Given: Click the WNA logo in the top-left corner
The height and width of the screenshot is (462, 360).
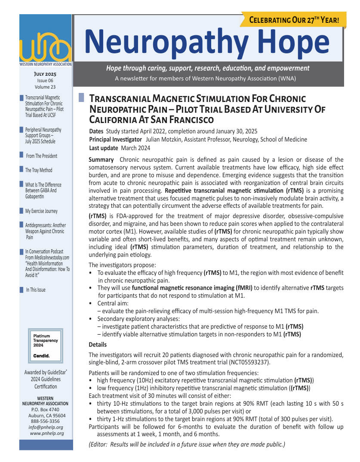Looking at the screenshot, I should [45, 47].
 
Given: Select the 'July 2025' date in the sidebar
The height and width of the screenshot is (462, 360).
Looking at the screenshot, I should [45, 74].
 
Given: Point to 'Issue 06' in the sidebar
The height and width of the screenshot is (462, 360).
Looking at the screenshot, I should [45, 80].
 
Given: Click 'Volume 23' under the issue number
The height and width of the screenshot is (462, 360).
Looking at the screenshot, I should [45, 87].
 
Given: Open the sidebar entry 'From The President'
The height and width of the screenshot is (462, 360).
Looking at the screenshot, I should [41, 156].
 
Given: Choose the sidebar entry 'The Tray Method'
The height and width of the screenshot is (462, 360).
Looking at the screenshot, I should [39, 170].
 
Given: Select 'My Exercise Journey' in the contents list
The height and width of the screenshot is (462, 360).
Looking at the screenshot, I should [41, 211].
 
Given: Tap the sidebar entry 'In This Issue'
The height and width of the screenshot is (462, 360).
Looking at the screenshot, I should [36, 290].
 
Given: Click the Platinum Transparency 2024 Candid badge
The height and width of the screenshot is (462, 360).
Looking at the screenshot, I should [46, 346].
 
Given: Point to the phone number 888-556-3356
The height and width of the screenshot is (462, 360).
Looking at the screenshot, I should [46, 422].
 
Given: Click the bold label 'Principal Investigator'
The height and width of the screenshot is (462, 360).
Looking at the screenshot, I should [115, 139].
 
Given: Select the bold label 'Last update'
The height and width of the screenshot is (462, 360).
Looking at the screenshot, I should [103, 148].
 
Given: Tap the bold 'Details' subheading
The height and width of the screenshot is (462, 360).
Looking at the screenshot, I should [98, 345].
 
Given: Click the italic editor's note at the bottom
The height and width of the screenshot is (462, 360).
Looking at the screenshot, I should [187, 444].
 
